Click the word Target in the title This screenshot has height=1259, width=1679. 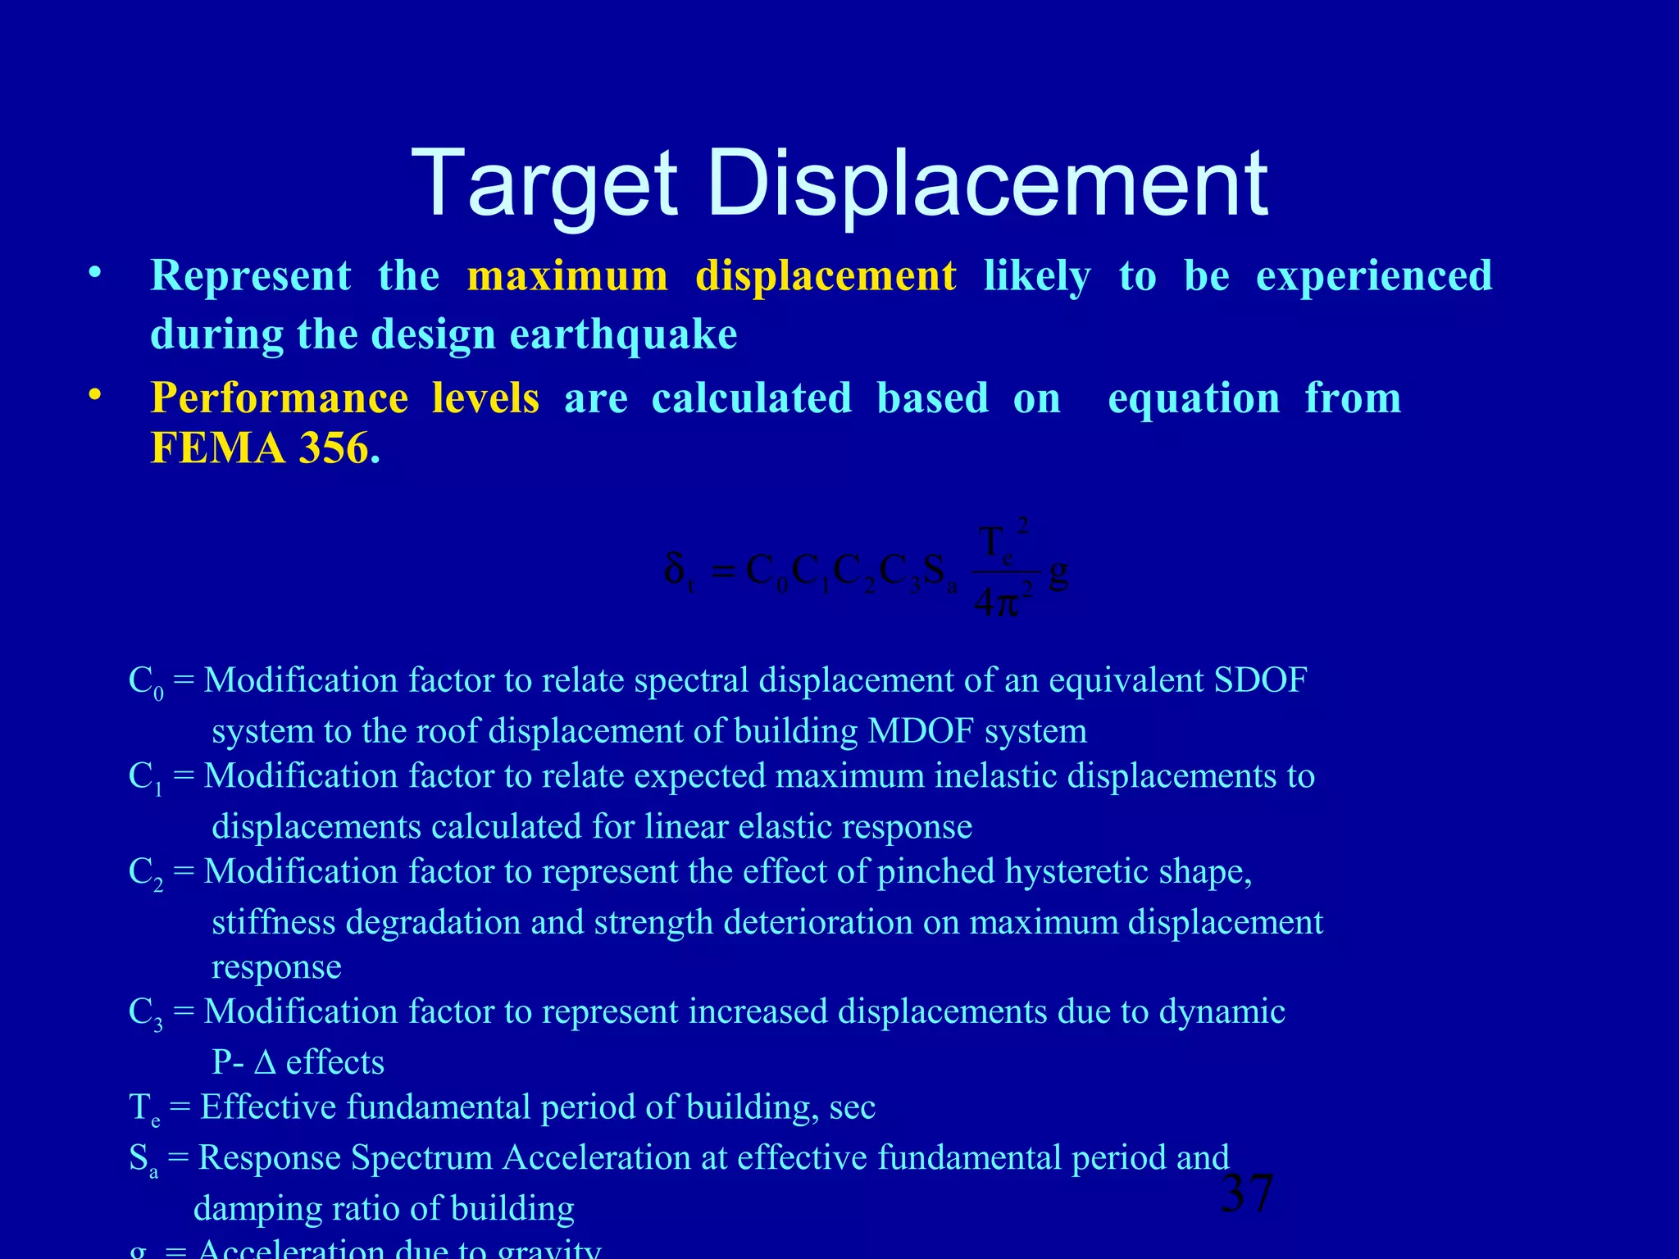pos(544,184)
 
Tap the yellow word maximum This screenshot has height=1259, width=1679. pos(567,276)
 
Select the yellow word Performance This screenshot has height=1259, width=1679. pos(280,399)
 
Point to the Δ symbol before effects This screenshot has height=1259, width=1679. pos(265,1063)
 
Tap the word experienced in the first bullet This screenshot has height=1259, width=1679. pos(1374,276)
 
